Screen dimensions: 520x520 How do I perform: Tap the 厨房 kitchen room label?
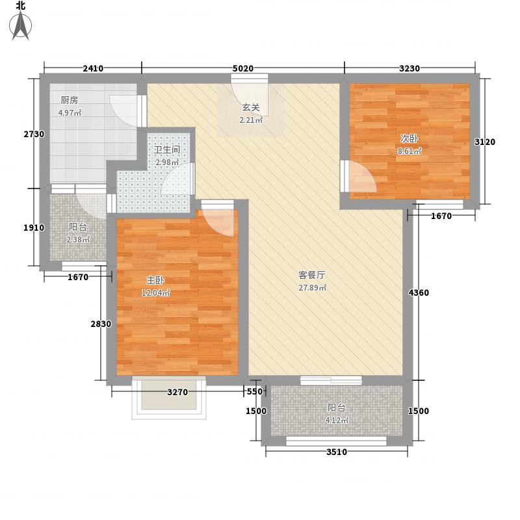tap(70, 100)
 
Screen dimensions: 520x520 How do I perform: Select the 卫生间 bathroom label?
tap(166, 149)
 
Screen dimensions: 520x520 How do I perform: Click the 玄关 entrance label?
tap(251, 108)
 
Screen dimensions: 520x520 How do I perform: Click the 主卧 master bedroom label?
tap(155, 280)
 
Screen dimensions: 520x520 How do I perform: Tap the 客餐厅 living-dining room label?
tap(312, 275)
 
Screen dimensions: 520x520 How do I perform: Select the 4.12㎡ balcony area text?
tap(337, 420)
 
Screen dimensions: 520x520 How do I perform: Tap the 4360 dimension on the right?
tap(419, 293)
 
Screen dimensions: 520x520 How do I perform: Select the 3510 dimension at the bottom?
tap(337, 452)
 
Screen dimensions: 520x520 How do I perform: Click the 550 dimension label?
tap(254, 392)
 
